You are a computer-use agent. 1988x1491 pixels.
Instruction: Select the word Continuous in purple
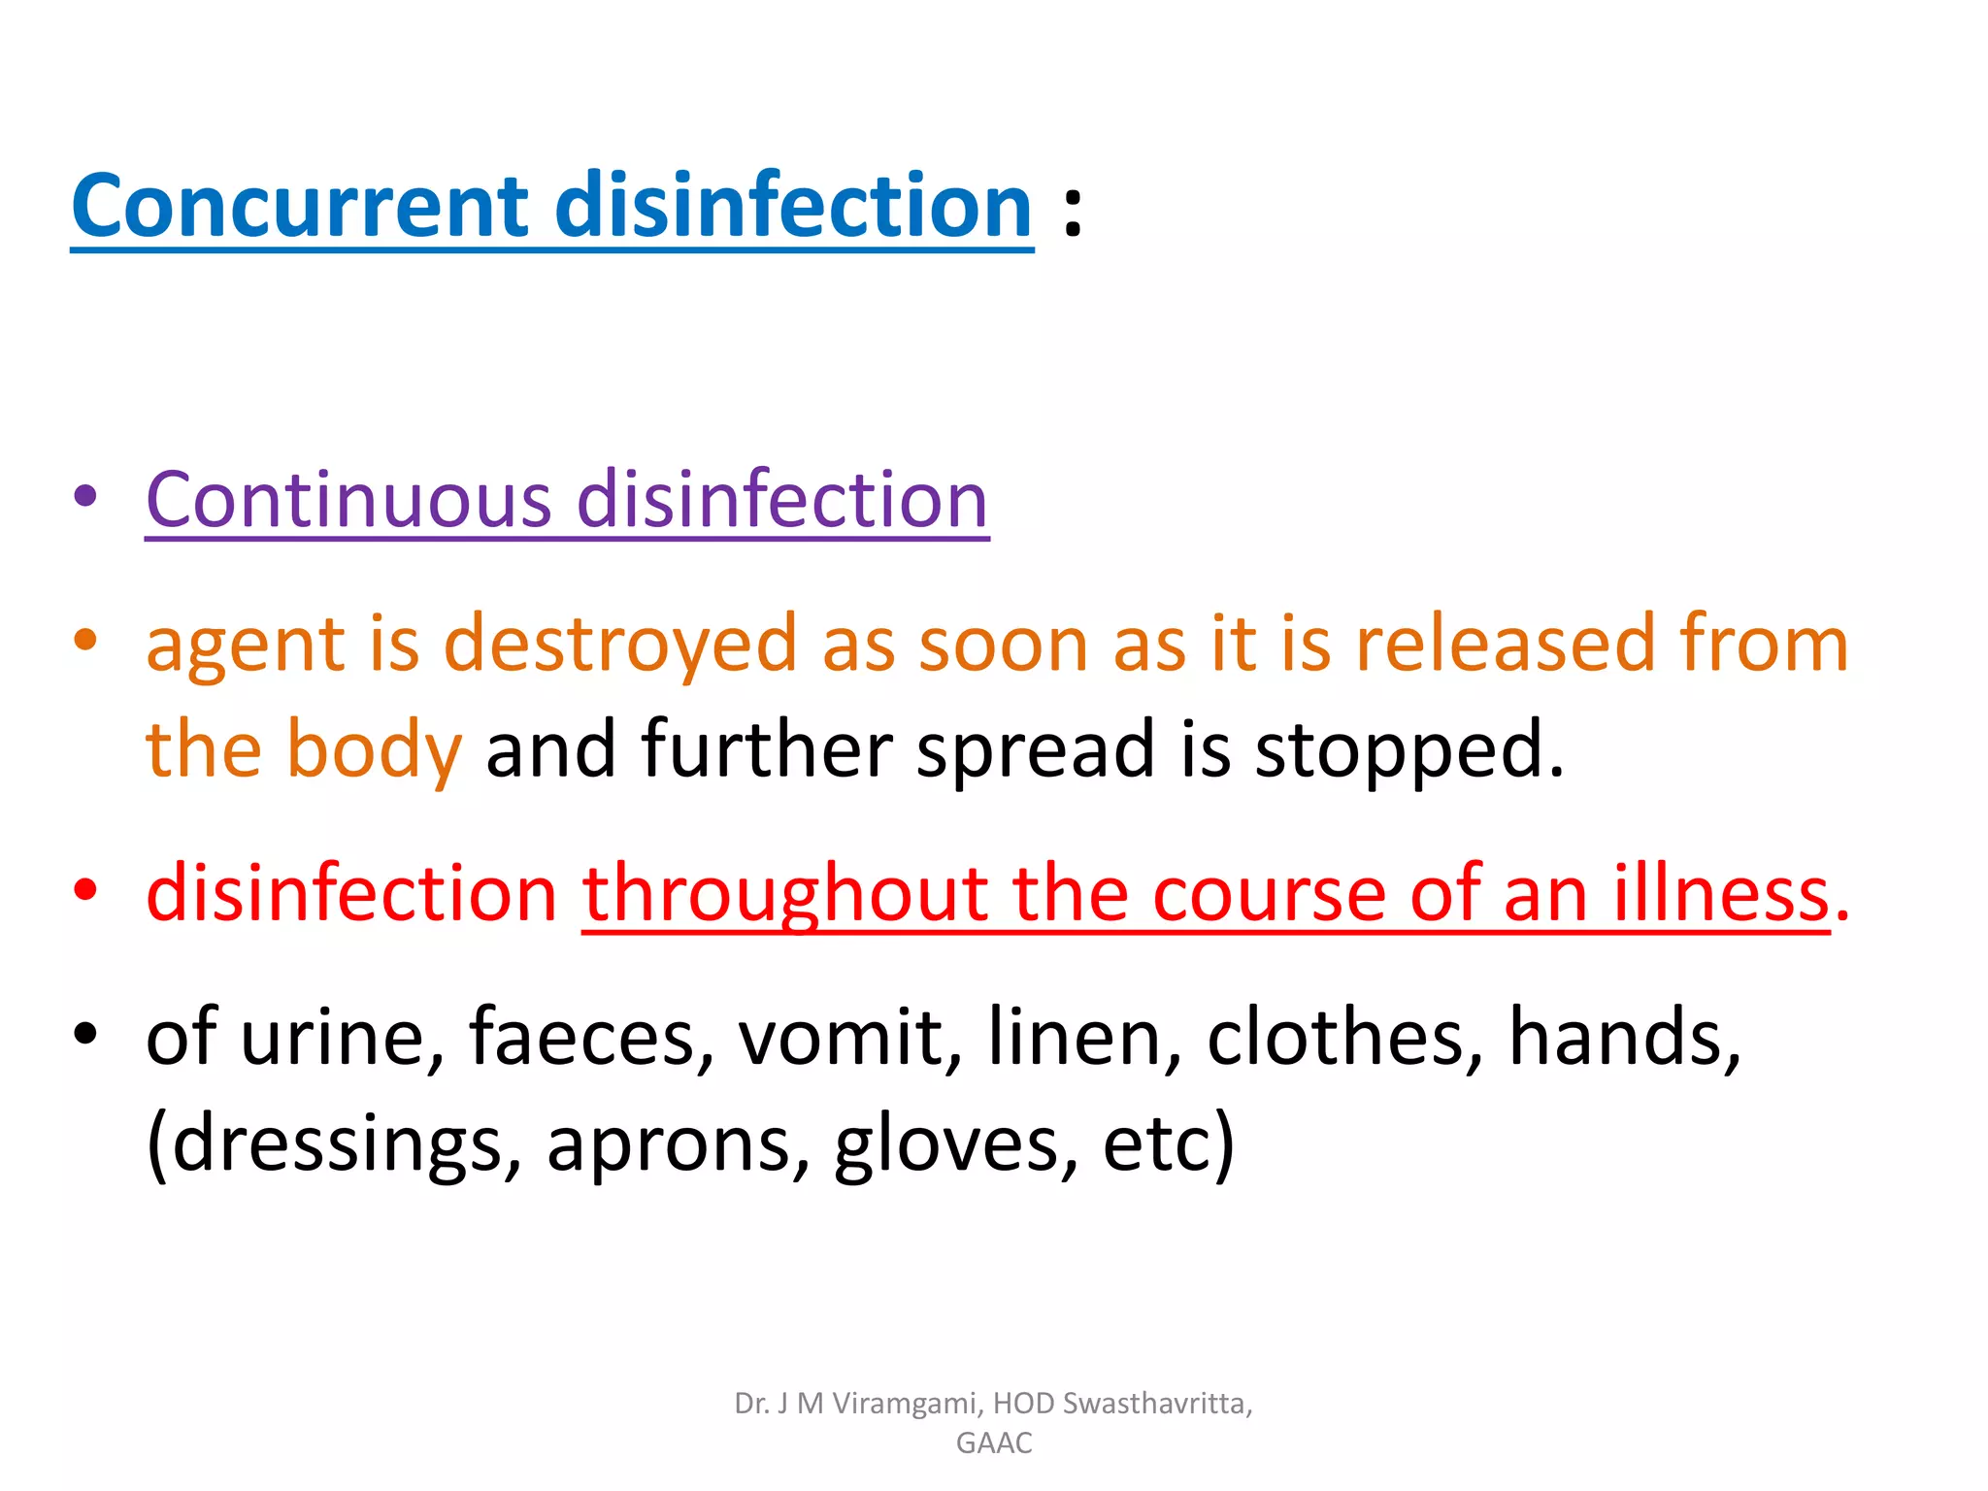(349, 500)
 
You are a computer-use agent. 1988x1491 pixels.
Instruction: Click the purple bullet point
(86, 497)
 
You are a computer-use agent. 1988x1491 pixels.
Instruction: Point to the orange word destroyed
(620, 645)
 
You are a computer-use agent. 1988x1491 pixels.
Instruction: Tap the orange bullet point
(86, 640)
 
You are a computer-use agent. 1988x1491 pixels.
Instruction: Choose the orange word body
(373, 749)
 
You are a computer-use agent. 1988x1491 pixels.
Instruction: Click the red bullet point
(86, 889)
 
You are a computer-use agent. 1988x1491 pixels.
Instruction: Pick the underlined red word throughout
(784, 894)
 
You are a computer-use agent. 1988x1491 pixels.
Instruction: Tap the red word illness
(1721, 894)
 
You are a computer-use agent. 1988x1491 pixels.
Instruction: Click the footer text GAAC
(994, 1443)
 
